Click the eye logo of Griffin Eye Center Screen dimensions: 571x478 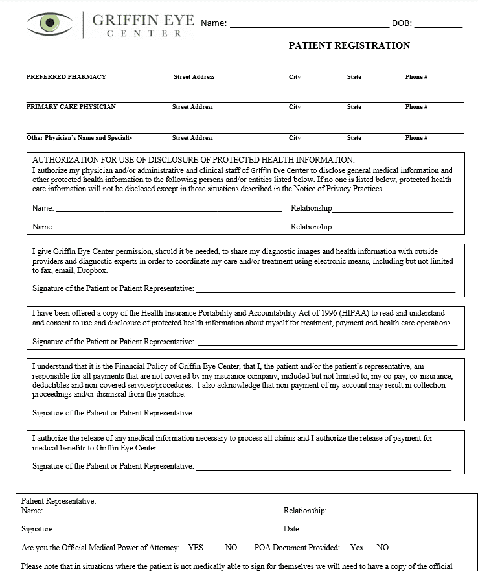[x=49, y=23]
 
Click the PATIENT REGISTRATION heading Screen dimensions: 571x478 [x=349, y=45]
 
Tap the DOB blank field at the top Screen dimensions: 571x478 [x=438, y=25]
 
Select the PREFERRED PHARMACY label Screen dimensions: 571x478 [x=66, y=77]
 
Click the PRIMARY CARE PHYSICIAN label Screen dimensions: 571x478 [x=71, y=107]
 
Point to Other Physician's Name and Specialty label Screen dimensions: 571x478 [x=80, y=138]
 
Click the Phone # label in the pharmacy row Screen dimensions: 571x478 [x=416, y=77]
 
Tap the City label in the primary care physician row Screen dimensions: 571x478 [x=295, y=107]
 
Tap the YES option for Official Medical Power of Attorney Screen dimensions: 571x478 [x=196, y=548]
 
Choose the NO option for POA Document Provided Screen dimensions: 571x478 [x=383, y=548]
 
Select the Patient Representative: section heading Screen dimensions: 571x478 [x=59, y=501]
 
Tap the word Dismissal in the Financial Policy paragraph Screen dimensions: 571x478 [x=130, y=394]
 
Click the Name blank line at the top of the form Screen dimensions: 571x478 [x=309, y=25]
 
